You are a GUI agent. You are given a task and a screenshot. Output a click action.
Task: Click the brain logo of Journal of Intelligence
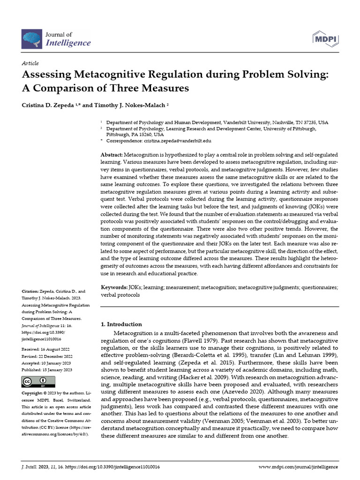32,38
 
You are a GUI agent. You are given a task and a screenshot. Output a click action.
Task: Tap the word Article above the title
30,63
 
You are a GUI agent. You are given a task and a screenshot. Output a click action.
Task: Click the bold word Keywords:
114,287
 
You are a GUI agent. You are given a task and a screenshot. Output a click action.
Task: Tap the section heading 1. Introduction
121,324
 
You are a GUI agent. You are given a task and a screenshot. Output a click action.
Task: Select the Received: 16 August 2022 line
46,350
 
